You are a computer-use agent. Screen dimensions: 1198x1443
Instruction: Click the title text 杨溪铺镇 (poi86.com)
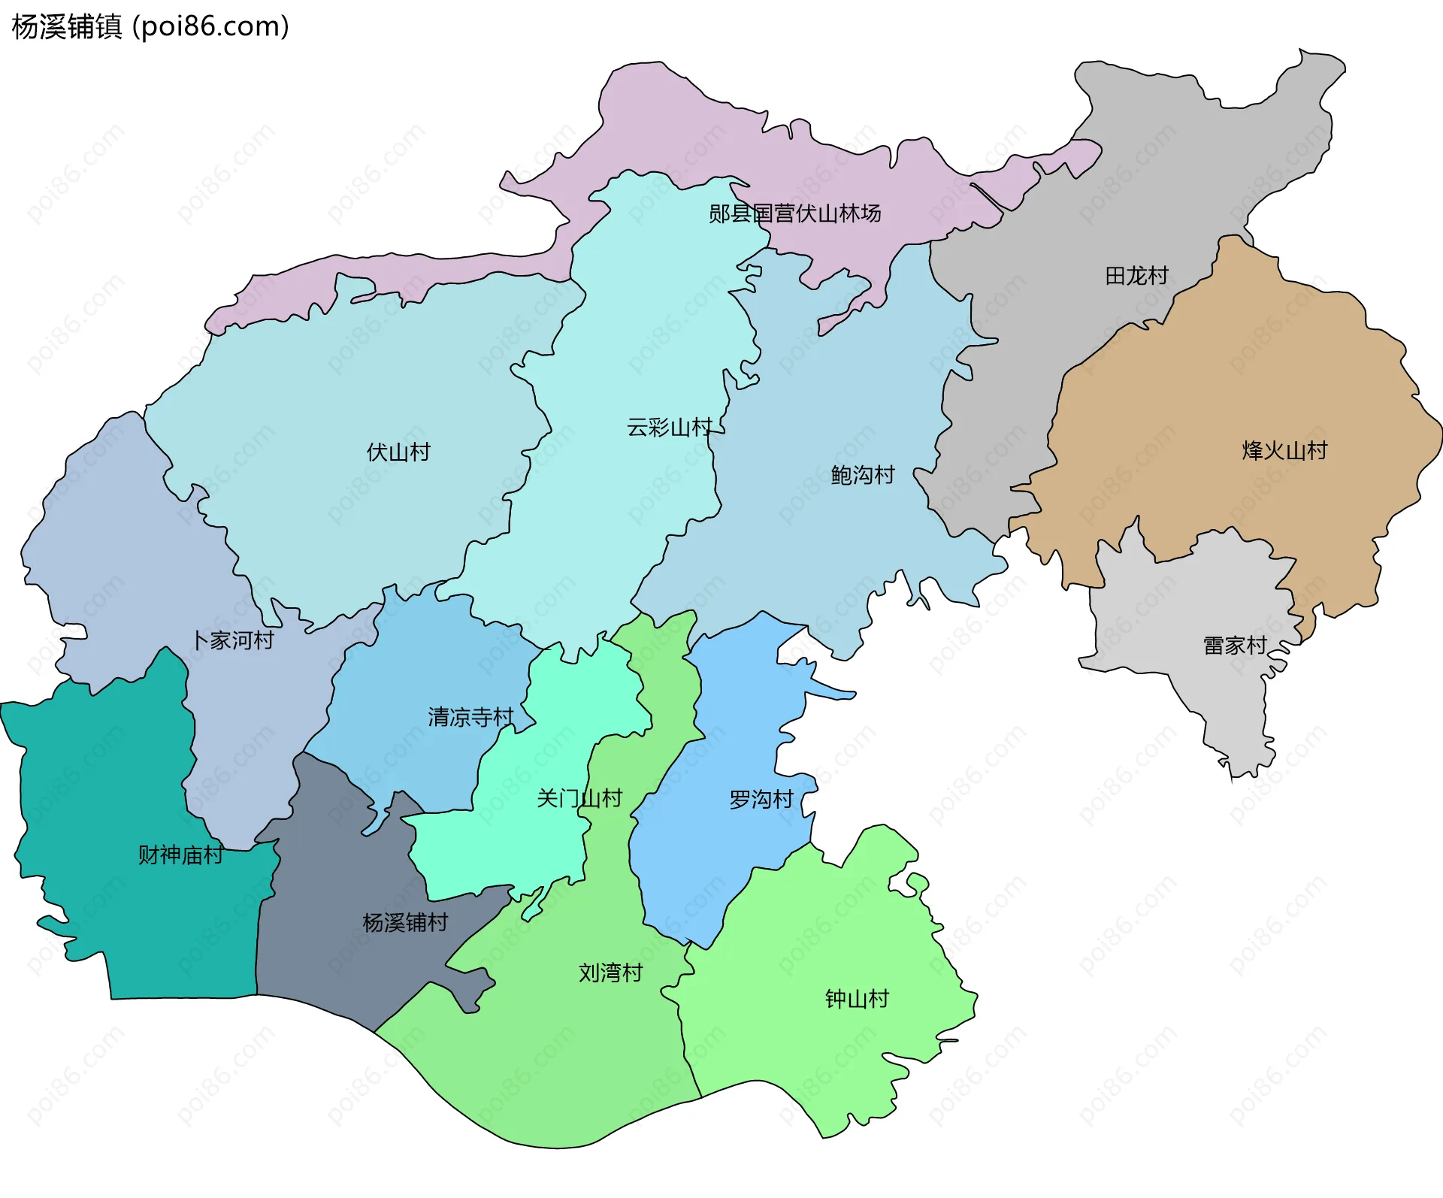coord(150,27)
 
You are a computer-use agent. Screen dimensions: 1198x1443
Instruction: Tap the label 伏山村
coord(398,452)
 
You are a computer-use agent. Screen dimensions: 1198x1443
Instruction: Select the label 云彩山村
coord(669,427)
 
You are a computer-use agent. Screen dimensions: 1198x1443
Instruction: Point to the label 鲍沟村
coord(863,474)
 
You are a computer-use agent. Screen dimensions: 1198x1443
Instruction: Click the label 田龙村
coord(1136,276)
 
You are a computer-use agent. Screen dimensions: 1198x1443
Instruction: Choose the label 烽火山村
coord(1284,450)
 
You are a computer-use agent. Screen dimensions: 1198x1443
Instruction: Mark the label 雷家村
coord(1235,645)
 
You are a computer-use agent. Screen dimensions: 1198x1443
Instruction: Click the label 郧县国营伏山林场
coord(794,213)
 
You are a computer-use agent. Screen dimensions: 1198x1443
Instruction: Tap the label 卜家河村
coord(233,640)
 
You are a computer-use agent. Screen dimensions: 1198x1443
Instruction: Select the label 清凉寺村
coord(470,716)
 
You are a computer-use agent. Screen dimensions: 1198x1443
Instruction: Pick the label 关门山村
coord(579,797)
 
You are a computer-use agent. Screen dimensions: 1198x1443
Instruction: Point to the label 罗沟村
coord(761,799)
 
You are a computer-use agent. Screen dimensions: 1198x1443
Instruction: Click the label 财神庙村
coord(180,855)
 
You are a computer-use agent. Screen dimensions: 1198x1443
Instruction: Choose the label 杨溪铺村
coord(405,922)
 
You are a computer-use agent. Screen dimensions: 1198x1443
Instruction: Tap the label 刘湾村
coord(610,973)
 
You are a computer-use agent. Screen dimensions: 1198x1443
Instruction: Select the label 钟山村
coord(857,998)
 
